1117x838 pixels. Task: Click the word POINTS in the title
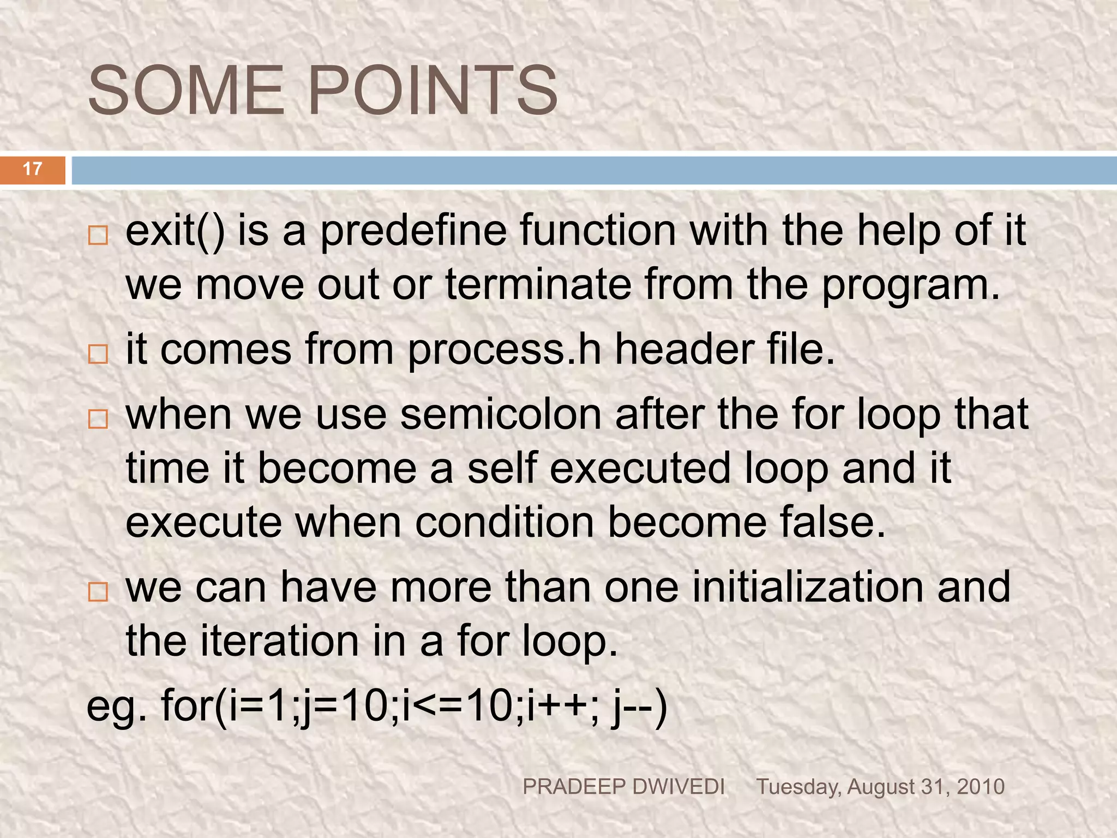point(433,91)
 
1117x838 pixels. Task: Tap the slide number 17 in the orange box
point(33,169)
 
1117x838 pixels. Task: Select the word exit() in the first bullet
point(175,231)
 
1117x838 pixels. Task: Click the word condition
point(505,522)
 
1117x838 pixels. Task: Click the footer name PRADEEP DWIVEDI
point(623,787)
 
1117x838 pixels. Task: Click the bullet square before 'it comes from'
point(98,354)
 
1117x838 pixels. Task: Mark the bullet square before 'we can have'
point(98,592)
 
